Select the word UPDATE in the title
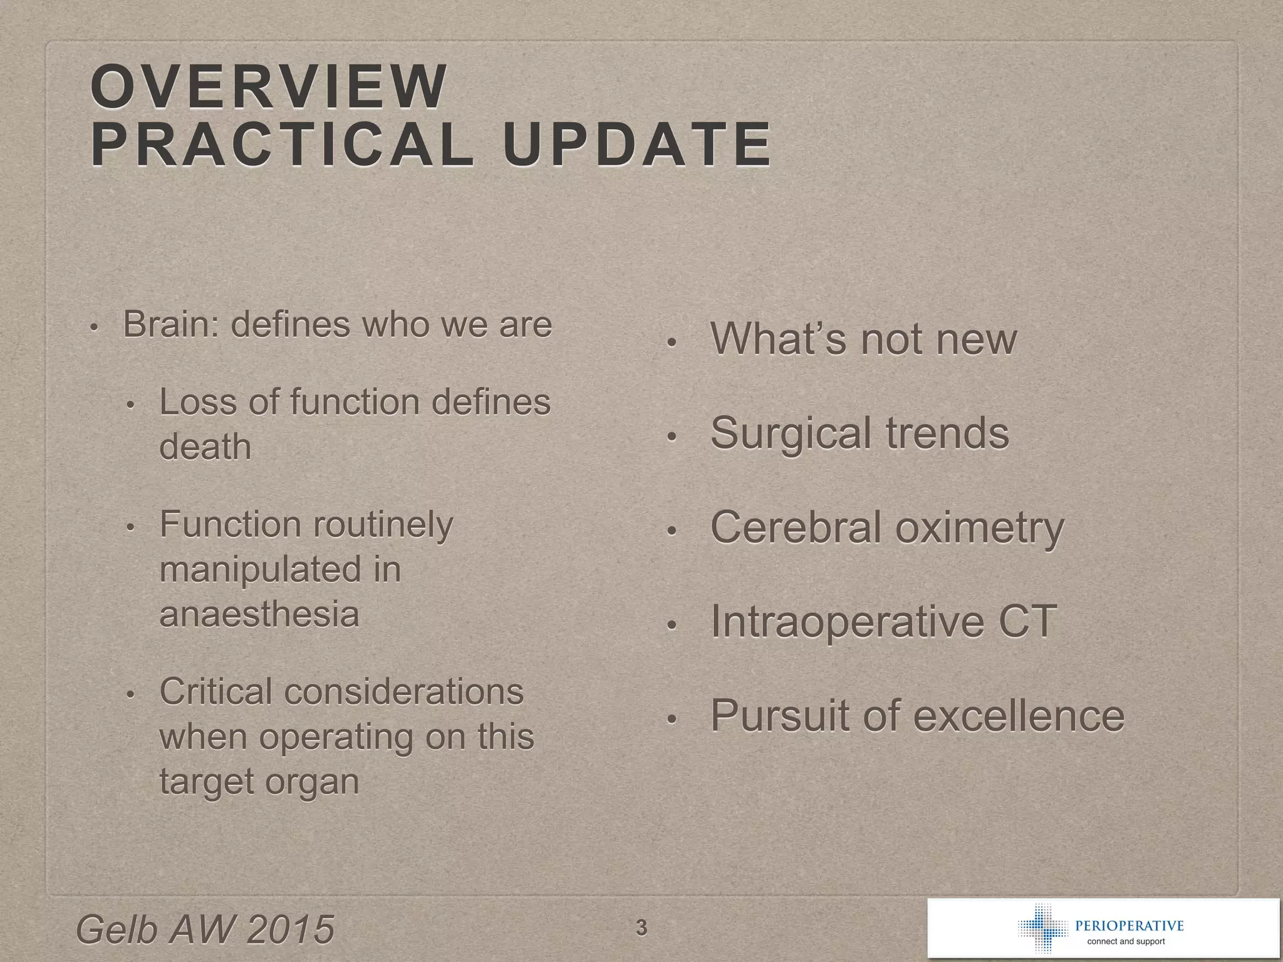click(636, 145)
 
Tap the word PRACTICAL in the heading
click(281, 145)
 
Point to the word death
click(205, 447)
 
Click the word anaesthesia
click(259, 614)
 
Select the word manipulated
click(261, 569)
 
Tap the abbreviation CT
click(1027, 621)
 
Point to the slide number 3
click(641, 927)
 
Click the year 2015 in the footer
click(290, 929)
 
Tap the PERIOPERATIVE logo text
click(1129, 926)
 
